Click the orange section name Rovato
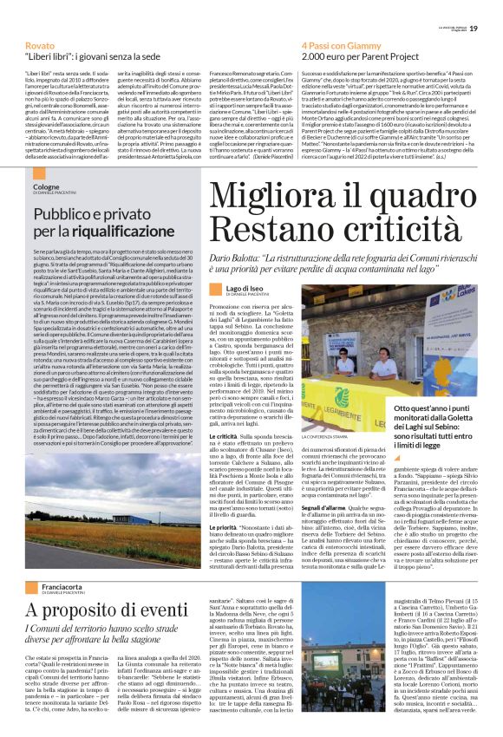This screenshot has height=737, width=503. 39,44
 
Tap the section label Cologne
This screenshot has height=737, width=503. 47,186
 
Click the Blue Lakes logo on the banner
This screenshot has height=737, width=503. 441,292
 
